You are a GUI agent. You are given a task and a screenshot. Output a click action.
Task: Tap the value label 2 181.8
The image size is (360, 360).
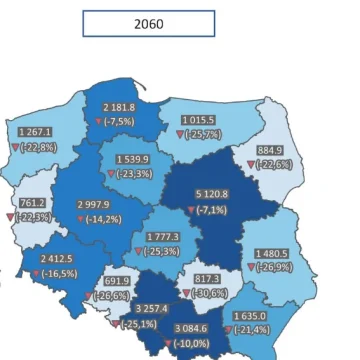[119, 107]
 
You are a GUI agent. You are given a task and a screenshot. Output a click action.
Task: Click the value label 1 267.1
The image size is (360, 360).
[35, 132]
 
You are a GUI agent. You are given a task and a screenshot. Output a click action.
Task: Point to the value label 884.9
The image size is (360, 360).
[270, 150]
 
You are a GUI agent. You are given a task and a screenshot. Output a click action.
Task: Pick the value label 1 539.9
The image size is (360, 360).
[132, 159]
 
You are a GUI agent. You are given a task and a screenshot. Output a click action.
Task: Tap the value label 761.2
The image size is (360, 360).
[32, 202]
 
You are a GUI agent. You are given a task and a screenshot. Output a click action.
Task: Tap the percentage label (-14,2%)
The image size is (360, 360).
[102, 219]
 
